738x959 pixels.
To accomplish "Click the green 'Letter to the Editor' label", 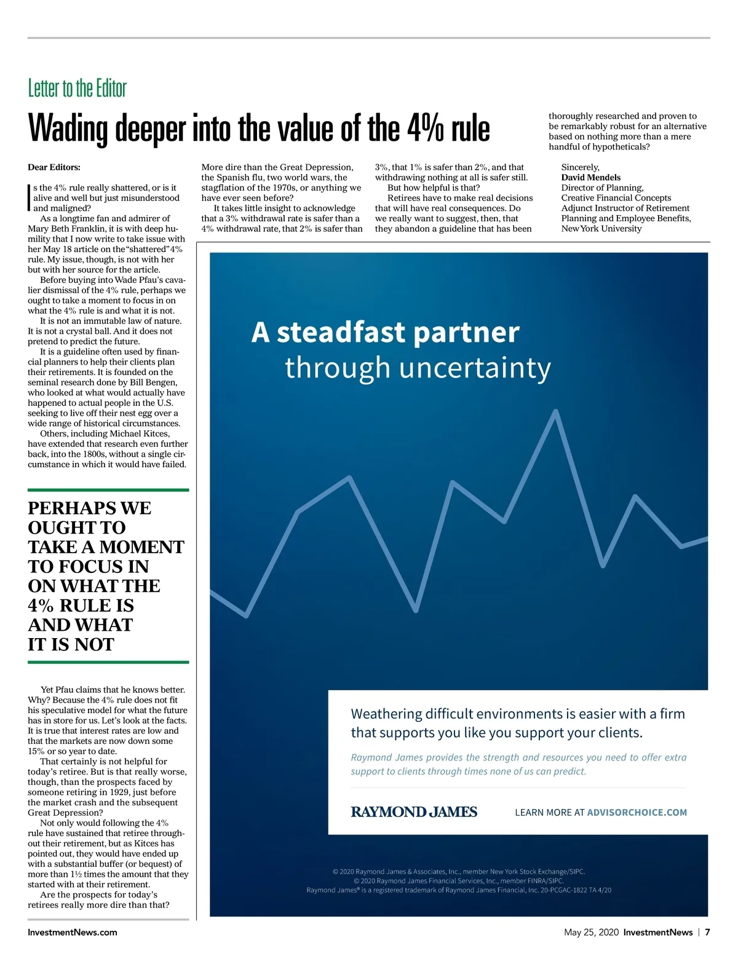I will pyautogui.click(x=77, y=89).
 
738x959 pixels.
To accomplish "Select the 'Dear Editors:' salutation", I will pyautogui.click(x=54, y=167).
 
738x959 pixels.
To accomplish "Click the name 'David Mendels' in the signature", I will pyautogui.click(x=590, y=178).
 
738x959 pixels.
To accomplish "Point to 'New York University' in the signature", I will pyautogui.click(x=601, y=229).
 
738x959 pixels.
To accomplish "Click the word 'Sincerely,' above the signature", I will pyautogui.click(x=580, y=167).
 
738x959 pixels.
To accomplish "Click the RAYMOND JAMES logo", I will pyautogui.click(x=414, y=812).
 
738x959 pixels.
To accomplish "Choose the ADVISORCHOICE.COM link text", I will pyautogui.click(x=637, y=813).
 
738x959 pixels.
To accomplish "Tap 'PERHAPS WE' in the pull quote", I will pyautogui.click(x=89, y=508).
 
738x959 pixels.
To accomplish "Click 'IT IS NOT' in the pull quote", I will pyautogui.click(x=71, y=645).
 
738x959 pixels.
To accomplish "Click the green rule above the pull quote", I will pyautogui.click(x=108, y=490).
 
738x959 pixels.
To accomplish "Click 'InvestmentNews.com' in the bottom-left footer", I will pyautogui.click(x=72, y=933).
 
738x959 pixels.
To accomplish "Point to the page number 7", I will pyautogui.click(x=707, y=933).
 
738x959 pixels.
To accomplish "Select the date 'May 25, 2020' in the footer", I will pyautogui.click(x=591, y=933).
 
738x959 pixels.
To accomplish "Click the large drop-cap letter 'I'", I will pyautogui.click(x=30, y=197).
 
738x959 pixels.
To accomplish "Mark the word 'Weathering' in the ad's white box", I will pyautogui.click(x=386, y=714).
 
